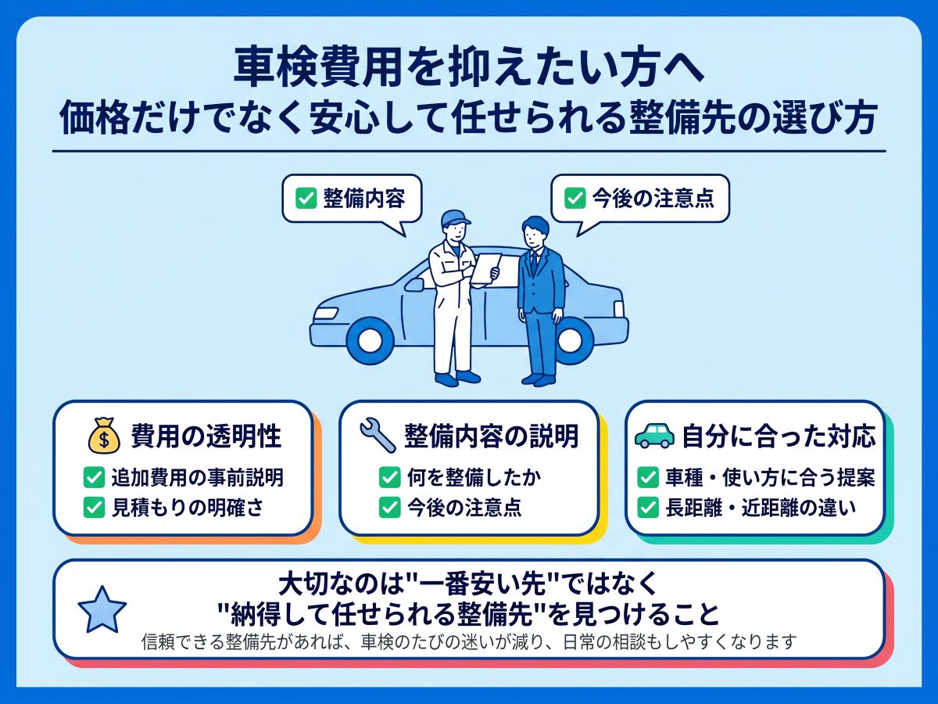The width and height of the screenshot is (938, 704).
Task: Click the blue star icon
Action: tap(102, 610)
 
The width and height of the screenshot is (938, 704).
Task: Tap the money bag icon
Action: tap(104, 436)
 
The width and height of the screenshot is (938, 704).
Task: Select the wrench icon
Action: tap(378, 435)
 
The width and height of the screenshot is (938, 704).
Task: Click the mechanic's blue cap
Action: tap(456, 218)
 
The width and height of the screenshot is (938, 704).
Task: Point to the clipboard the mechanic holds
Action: tap(486, 268)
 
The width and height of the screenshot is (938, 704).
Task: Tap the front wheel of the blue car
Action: tap(371, 339)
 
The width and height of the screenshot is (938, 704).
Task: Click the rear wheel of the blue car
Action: tap(571, 339)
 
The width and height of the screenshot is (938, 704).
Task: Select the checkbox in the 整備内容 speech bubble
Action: tap(306, 199)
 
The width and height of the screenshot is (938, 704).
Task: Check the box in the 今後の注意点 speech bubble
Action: tap(575, 199)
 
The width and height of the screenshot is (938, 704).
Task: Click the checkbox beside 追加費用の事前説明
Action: tap(94, 477)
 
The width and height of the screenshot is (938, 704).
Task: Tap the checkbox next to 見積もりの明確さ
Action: tap(94, 508)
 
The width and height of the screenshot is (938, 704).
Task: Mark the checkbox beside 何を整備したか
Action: tap(390, 477)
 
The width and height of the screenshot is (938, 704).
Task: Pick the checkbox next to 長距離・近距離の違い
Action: tap(648, 508)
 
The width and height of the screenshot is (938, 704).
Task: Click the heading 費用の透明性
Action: tap(206, 436)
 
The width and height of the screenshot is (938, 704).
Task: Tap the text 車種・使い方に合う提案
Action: tap(770, 477)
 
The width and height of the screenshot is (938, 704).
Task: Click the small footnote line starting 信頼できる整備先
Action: tap(469, 641)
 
